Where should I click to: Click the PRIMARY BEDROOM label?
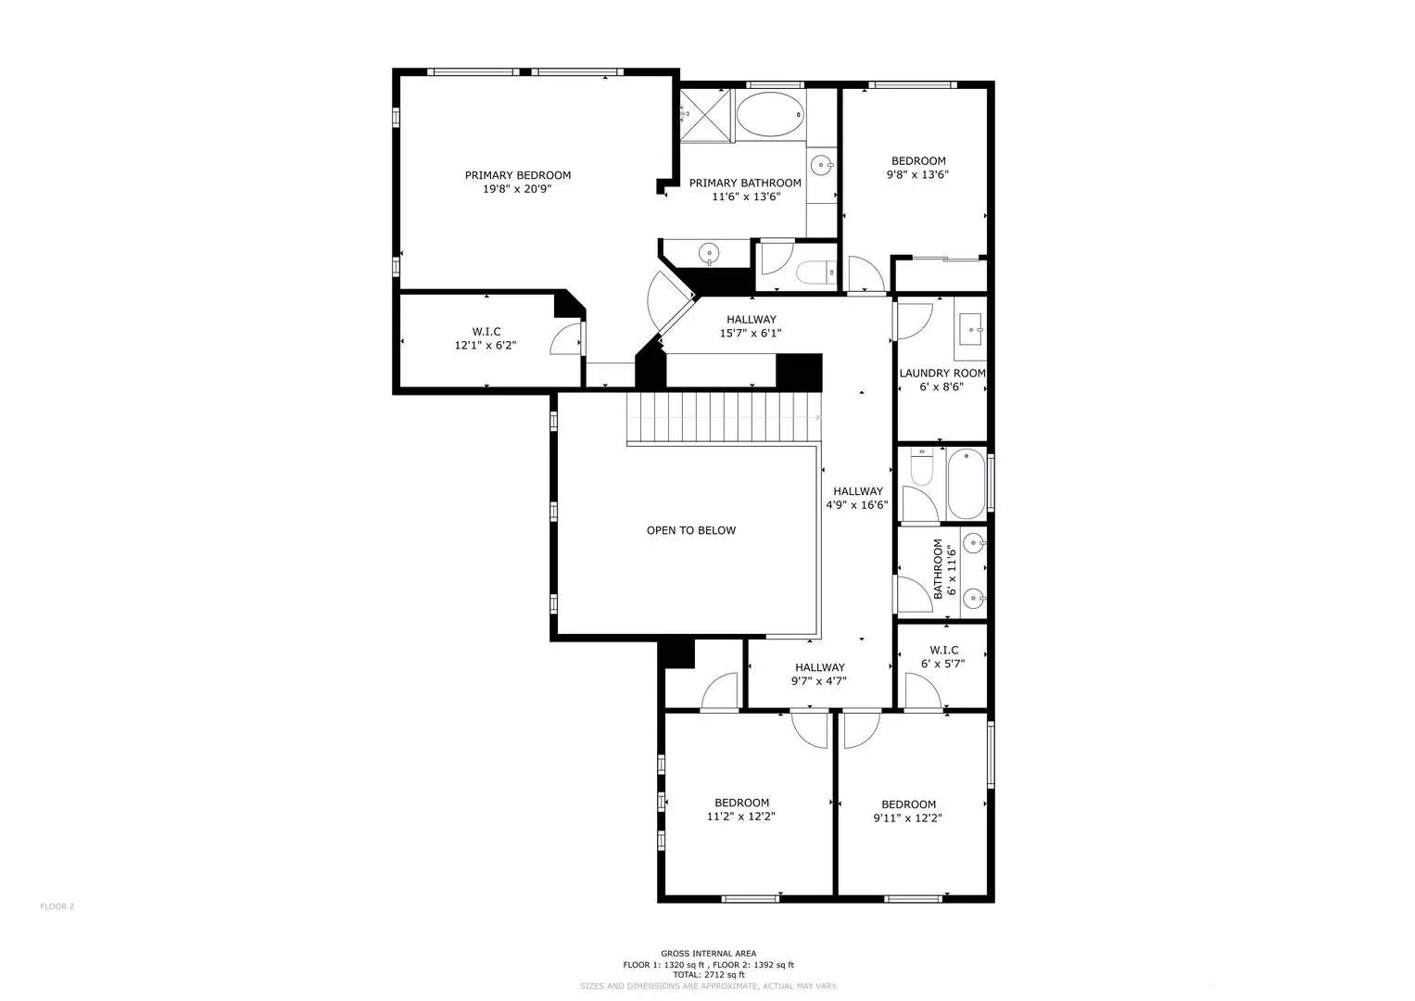pos(517,175)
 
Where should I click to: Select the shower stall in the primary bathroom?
pos(706,115)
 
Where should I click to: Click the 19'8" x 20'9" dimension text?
pos(517,189)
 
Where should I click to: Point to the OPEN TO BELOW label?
pos(691,531)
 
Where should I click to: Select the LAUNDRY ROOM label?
pos(941,374)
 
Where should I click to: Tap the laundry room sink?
pos(970,328)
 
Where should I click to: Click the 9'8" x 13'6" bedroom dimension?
pos(917,174)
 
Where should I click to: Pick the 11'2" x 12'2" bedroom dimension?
pos(740,817)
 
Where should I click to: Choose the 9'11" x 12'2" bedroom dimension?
pos(908,818)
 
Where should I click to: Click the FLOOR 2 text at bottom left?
pos(57,906)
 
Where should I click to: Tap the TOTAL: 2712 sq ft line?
pos(708,975)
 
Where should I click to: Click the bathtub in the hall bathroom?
pos(966,484)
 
